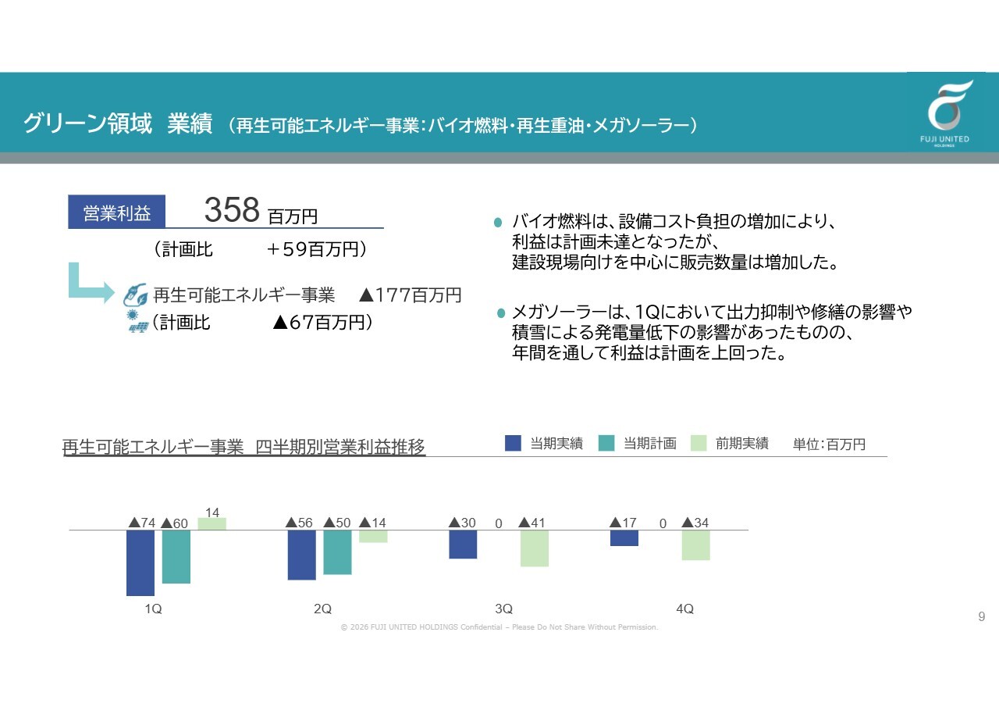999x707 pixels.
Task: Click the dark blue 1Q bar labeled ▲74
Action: click(140, 562)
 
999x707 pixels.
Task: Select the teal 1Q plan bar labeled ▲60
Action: click(176, 556)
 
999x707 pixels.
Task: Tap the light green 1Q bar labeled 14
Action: click(212, 524)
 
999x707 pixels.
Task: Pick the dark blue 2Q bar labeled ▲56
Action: click(301, 555)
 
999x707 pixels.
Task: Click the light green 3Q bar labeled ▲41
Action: click(535, 548)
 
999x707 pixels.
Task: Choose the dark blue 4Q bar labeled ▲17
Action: click(624, 537)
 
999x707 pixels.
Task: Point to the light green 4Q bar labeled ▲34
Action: click(695, 545)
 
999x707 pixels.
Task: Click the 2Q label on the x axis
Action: click(322, 609)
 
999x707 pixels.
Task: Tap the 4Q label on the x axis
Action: click(684, 609)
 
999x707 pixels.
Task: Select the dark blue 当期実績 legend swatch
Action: click(513, 443)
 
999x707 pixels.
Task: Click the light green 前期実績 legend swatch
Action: click(699, 443)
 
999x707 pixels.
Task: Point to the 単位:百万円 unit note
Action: click(829, 444)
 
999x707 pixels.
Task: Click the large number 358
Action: click(232, 209)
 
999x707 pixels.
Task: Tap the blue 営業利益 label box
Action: click(117, 212)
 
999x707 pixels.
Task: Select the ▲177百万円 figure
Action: click(411, 295)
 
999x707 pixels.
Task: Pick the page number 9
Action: click(982, 616)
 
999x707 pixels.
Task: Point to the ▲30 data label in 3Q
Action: click(463, 523)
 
